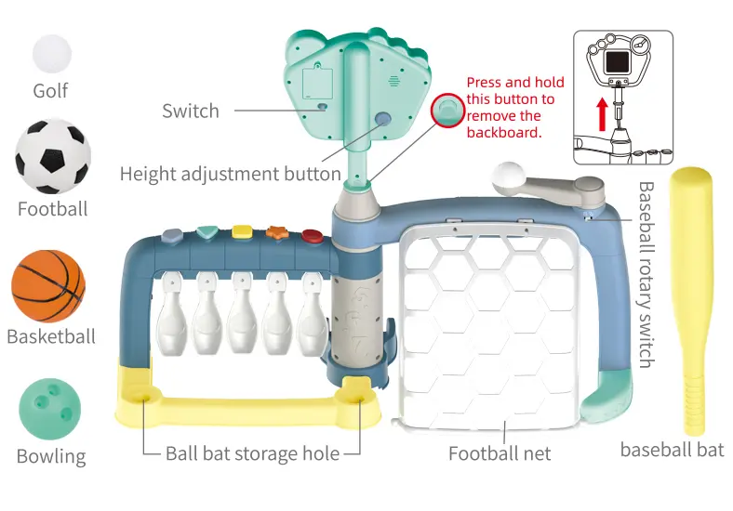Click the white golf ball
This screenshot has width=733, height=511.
click(x=51, y=53)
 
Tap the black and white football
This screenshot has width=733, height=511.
click(x=53, y=157)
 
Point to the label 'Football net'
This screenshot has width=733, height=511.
click(x=500, y=453)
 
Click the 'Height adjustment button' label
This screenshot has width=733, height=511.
click(x=230, y=174)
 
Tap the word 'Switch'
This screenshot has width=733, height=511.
click(x=191, y=111)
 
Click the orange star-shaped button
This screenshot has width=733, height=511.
click(x=276, y=233)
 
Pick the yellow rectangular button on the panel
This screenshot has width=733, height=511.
click(x=242, y=230)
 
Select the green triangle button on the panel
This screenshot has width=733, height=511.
click(x=207, y=231)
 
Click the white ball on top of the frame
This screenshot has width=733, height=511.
click(x=510, y=176)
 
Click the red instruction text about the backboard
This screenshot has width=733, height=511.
click(x=511, y=108)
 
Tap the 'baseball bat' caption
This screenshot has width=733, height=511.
click(x=672, y=451)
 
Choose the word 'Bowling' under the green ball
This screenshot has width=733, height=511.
click(x=51, y=456)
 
